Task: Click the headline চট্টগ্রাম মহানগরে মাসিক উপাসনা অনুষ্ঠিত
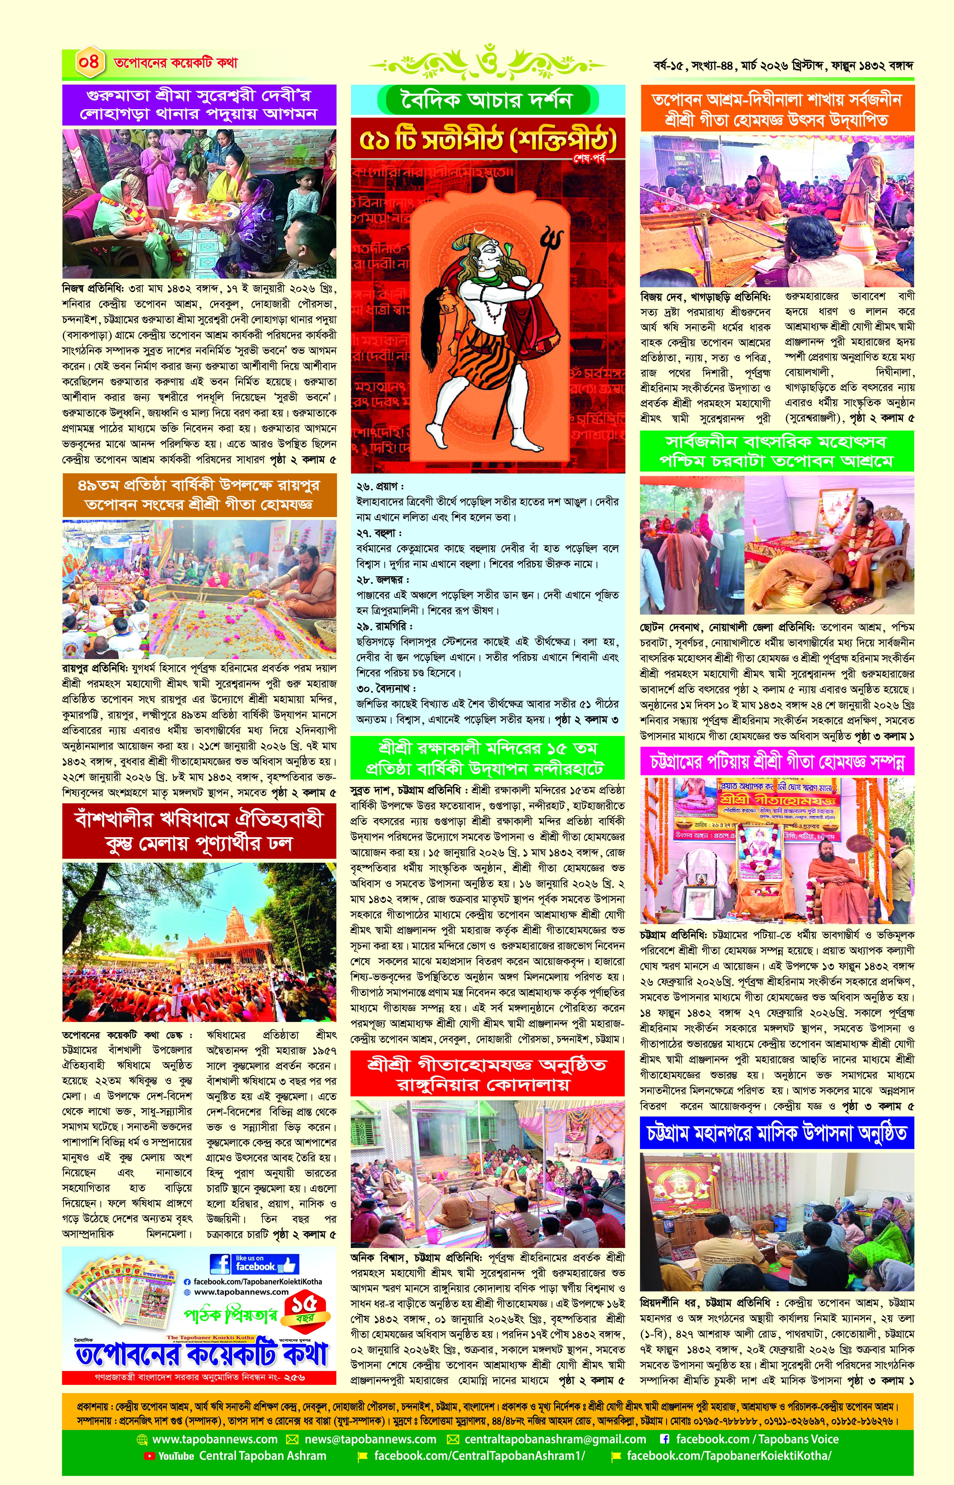(x=777, y=1133)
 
